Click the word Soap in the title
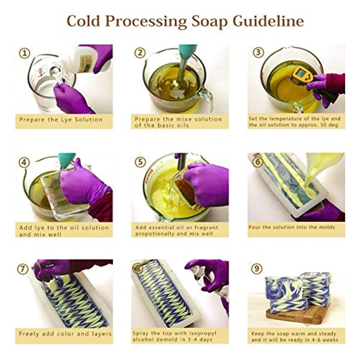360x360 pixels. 210,21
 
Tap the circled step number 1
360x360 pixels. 25,53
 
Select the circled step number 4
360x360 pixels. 24,162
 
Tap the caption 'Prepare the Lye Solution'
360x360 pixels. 61,120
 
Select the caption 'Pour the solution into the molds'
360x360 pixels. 291,227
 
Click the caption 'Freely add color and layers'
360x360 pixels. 65,334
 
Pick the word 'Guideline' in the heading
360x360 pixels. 269,21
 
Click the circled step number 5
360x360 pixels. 140,162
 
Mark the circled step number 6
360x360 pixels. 257,162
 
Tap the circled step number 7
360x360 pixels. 23,269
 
